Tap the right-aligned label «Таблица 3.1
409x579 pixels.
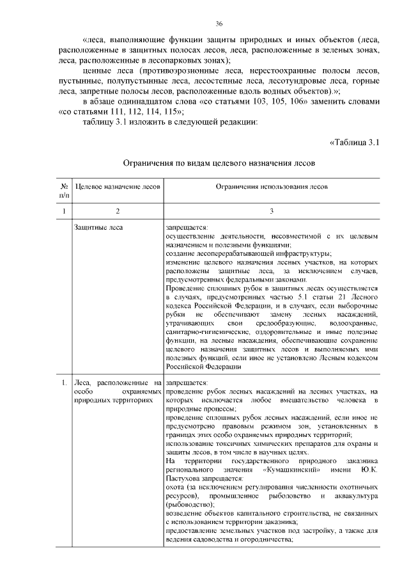pyautogui.click(x=355, y=142)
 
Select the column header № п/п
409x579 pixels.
pyautogui.click(x=63, y=189)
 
